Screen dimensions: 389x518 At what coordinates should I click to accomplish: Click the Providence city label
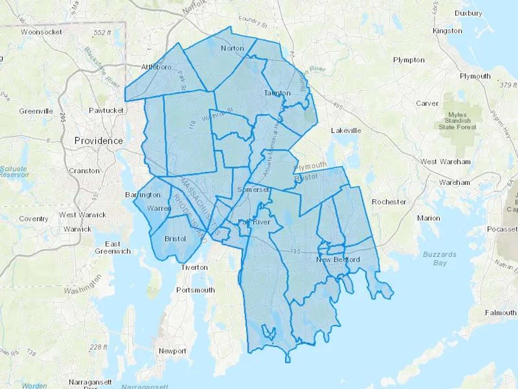(98, 141)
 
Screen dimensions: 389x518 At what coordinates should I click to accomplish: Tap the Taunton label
(277, 93)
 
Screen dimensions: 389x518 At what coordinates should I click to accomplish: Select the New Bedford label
(338, 260)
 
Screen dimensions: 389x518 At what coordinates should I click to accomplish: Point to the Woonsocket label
(41, 32)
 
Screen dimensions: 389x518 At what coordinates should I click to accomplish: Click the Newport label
(172, 351)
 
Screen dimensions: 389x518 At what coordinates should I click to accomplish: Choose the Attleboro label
(156, 67)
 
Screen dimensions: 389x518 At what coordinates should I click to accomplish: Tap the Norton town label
(232, 48)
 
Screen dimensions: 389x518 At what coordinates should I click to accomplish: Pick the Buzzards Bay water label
(439, 258)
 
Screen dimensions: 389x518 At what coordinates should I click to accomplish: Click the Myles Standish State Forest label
(457, 121)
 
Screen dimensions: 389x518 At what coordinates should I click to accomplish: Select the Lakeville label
(346, 131)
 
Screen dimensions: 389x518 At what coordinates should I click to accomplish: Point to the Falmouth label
(500, 313)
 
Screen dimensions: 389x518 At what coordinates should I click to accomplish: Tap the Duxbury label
(468, 13)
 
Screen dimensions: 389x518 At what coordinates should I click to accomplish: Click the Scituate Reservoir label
(14, 171)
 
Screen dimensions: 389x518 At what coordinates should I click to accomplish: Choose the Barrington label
(143, 195)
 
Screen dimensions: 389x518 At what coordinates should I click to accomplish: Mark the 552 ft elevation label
(102, 33)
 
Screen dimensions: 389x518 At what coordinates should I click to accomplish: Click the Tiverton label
(194, 267)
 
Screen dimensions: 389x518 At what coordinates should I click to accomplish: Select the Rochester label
(389, 202)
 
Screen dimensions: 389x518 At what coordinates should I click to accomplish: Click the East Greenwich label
(113, 248)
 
